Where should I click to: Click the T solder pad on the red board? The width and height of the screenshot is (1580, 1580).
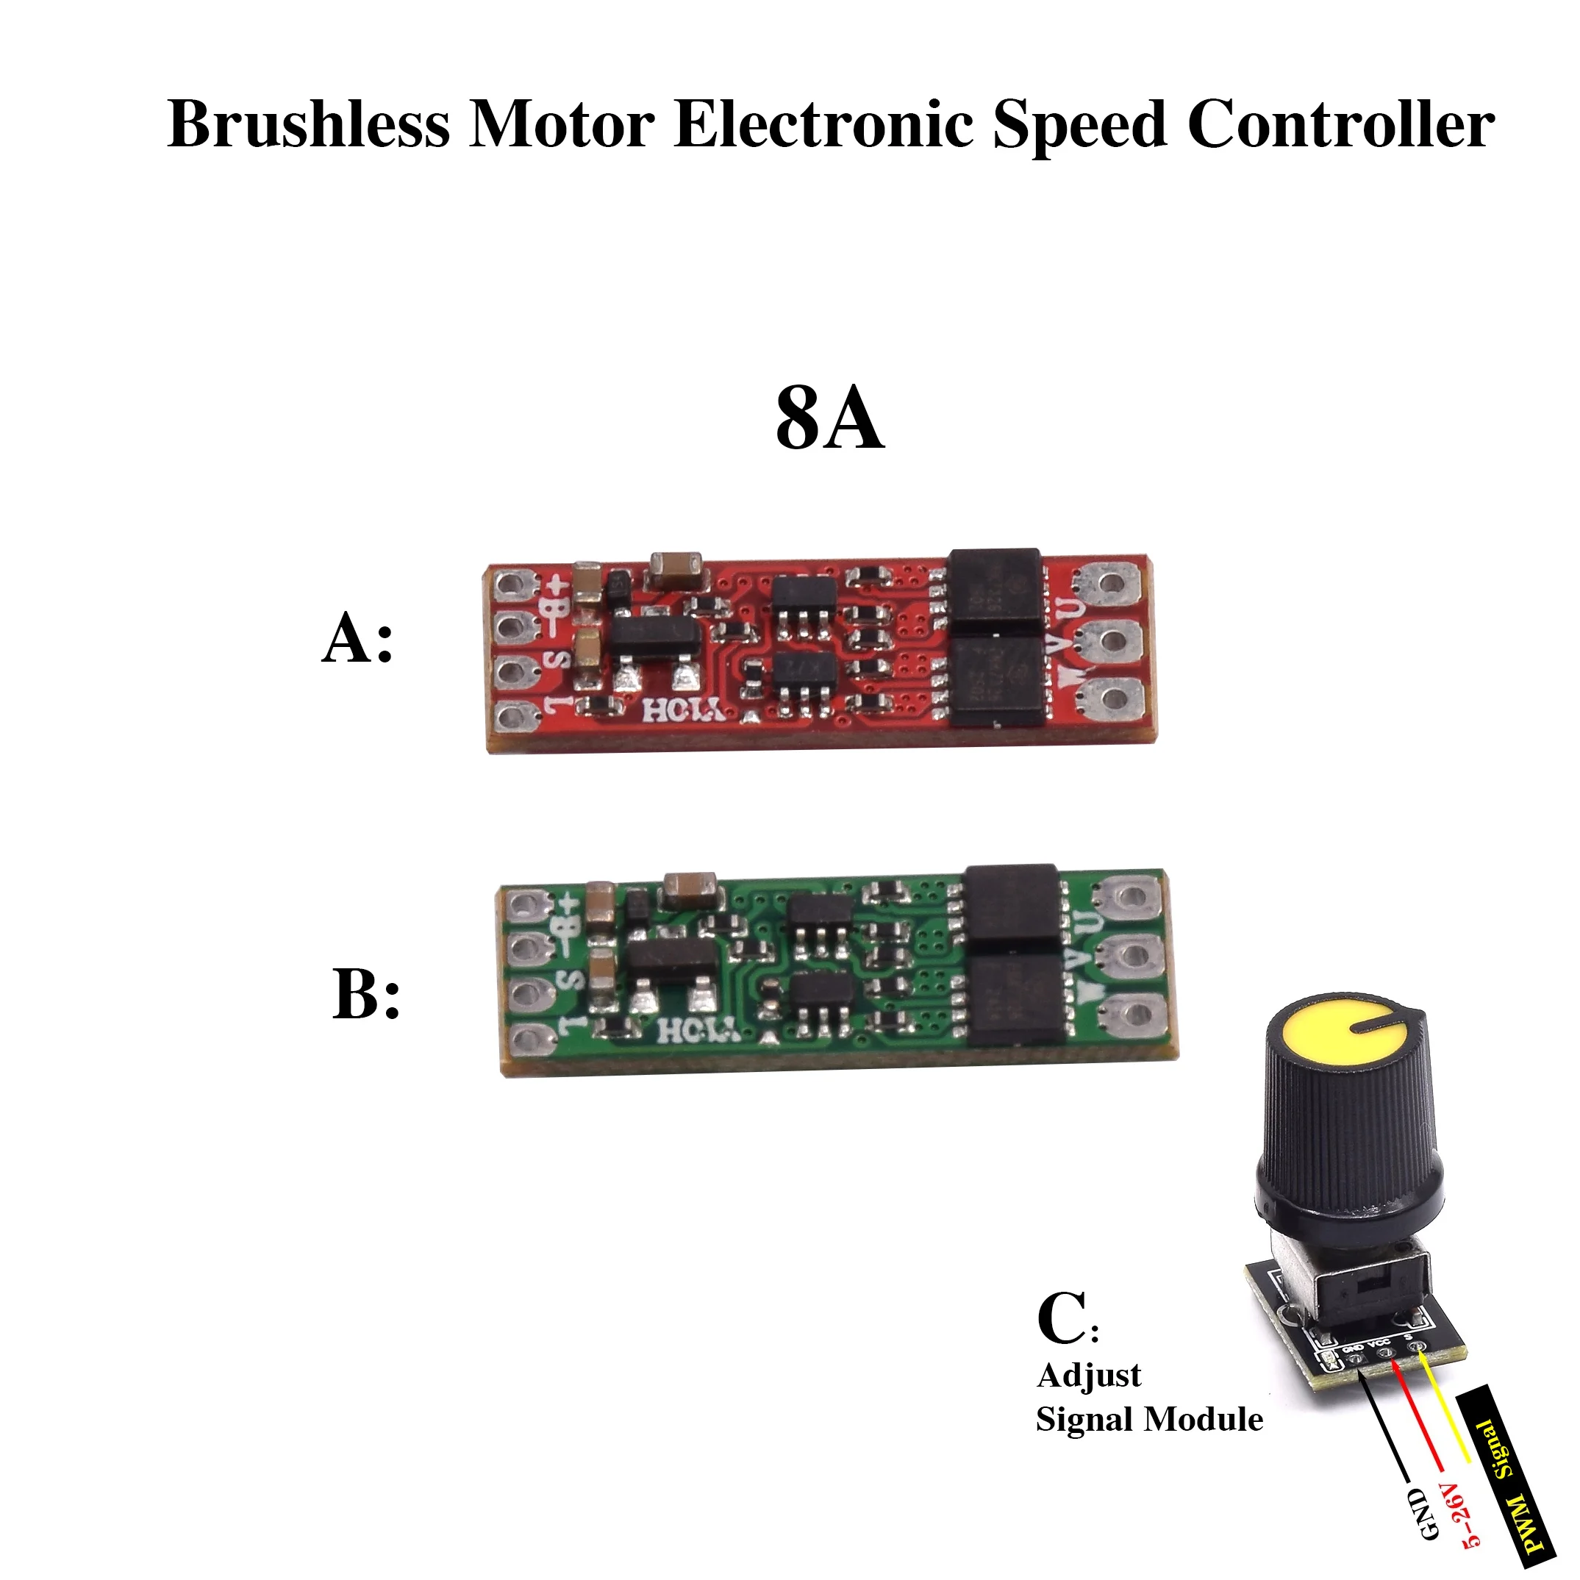511,718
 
